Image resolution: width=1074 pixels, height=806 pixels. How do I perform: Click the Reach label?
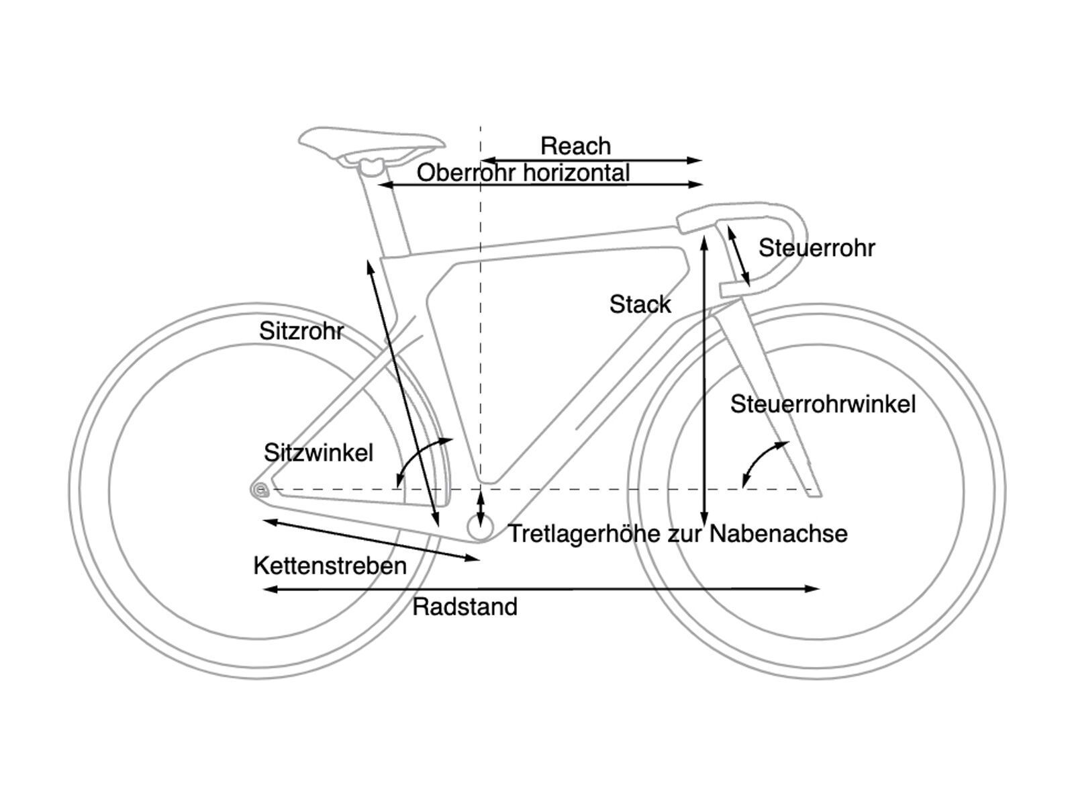pos(575,146)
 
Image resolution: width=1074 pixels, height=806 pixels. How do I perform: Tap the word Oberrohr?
pos(467,173)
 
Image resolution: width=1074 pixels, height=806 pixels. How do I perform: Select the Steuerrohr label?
pos(816,248)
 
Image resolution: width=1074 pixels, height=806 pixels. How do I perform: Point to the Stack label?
pos(640,304)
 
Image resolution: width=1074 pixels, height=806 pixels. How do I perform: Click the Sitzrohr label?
pos(301,331)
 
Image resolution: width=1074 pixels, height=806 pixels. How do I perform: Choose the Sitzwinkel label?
pos(318,453)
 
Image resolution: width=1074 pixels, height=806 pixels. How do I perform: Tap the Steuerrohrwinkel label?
pos(823,404)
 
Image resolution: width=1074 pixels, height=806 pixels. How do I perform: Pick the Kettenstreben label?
pos(330,566)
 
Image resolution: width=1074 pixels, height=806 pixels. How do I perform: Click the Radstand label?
pos(465,607)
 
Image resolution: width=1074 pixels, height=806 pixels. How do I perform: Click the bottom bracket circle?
pos(481,529)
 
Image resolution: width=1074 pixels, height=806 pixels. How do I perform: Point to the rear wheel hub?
pos(259,490)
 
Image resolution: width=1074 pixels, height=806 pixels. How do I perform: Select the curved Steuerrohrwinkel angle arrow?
pos(762,460)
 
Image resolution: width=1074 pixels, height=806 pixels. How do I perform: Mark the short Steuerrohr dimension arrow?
pos(739,256)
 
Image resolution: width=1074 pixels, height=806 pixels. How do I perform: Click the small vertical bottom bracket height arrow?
pos(480,509)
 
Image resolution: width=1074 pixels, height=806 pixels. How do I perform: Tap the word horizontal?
pos(576,173)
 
